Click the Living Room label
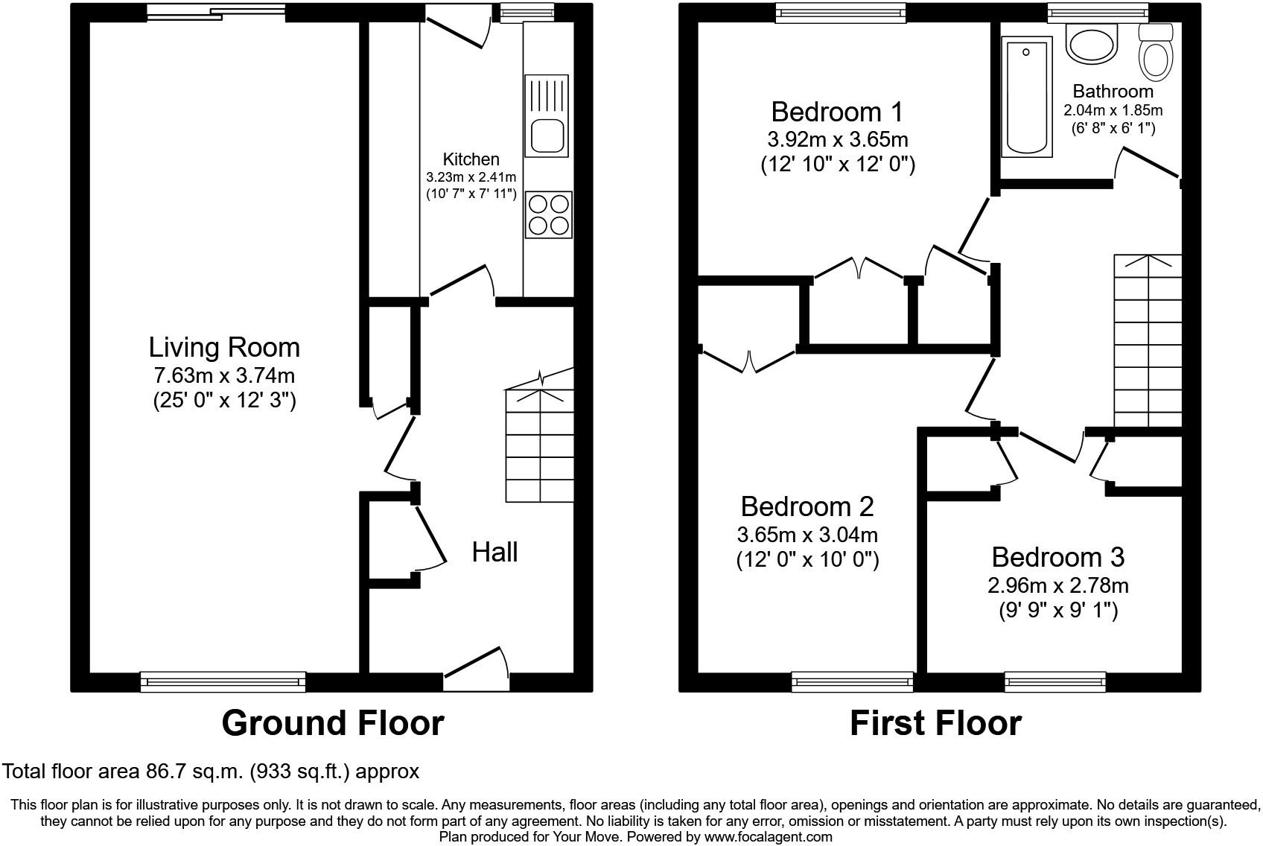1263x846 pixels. (x=224, y=348)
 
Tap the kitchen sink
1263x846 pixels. (x=547, y=115)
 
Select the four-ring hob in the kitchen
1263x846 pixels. (x=548, y=214)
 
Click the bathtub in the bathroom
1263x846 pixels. (x=1027, y=97)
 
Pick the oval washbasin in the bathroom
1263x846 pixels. (x=1092, y=43)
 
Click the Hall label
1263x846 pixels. (x=494, y=552)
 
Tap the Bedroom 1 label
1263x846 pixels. (x=837, y=112)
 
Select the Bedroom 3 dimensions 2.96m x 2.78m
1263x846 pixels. (x=1057, y=585)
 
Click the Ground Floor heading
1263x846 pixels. (x=333, y=724)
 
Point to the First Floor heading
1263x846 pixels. (x=935, y=724)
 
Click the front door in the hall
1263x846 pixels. (x=477, y=670)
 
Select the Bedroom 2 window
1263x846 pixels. (x=852, y=681)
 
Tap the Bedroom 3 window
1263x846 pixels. (x=1055, y=681)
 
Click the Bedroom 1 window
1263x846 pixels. (x=840, y=13)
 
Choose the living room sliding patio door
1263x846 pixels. (x=216, y=13)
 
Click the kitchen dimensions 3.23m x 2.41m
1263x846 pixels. (x=471, y=177)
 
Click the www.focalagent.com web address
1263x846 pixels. (x=768, y=836)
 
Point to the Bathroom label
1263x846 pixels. (x=1113, y=91)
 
